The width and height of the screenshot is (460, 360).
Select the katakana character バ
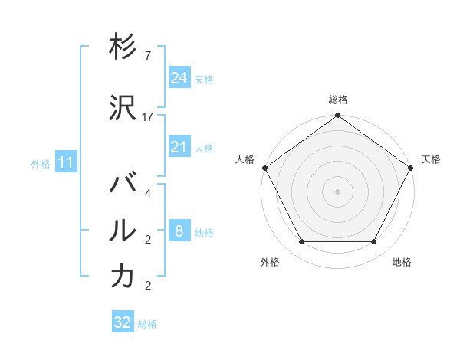pos(123,185)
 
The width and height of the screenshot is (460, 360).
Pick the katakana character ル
pos(123,229)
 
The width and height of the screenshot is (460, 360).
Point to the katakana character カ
pos(123,277)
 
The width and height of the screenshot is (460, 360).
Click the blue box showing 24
pos(179,78)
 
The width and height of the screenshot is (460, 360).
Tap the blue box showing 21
pos(179,147)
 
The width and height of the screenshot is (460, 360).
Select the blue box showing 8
pos(179,231)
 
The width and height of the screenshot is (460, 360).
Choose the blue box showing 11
pos(65,162)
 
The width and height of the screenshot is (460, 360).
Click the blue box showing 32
pos(123,322)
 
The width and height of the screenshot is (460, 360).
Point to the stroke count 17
pos(148,117)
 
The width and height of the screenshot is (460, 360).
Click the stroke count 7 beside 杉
pos(147,56)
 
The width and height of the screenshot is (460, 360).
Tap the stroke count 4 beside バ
pos(147,194)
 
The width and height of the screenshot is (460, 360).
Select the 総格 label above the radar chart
pos(338,100)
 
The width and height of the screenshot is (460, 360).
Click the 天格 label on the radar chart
pos(431,159)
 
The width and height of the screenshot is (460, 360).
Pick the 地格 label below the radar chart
pos(402,262)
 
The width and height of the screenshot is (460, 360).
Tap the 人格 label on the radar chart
pos(245,159)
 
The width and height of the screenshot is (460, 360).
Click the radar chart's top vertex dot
pos(338,116)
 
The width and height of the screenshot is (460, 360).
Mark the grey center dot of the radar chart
pos(338,191)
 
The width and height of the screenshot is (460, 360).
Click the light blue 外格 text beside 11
pos(40,163)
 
